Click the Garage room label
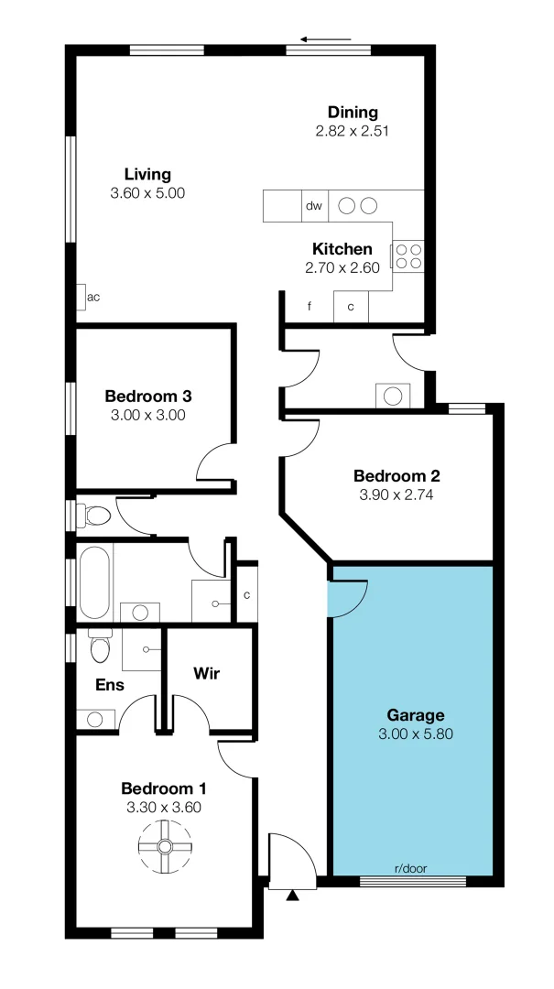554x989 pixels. [x=415, y=715]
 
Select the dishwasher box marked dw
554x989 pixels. [x=314, y=206]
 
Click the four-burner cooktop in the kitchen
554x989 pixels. [x=408, y=255]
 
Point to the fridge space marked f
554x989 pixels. [x=310, y=307]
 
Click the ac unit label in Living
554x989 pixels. [x=92, y=297]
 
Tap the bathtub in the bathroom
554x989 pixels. [x=93, y=581]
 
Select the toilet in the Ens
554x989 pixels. [x=100, y=647]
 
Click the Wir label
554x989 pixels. [x=207, y=673]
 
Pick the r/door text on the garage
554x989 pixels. [x=410, y=868]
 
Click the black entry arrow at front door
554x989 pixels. [x=292, y=895]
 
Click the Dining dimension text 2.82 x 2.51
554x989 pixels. [x=353, y=131]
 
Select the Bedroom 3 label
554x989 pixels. [x=147, y=397]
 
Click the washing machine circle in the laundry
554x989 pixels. [x=393, y=397]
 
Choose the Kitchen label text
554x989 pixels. [x=342, y=249]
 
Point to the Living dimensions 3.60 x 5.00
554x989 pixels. [x=147, y=193]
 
